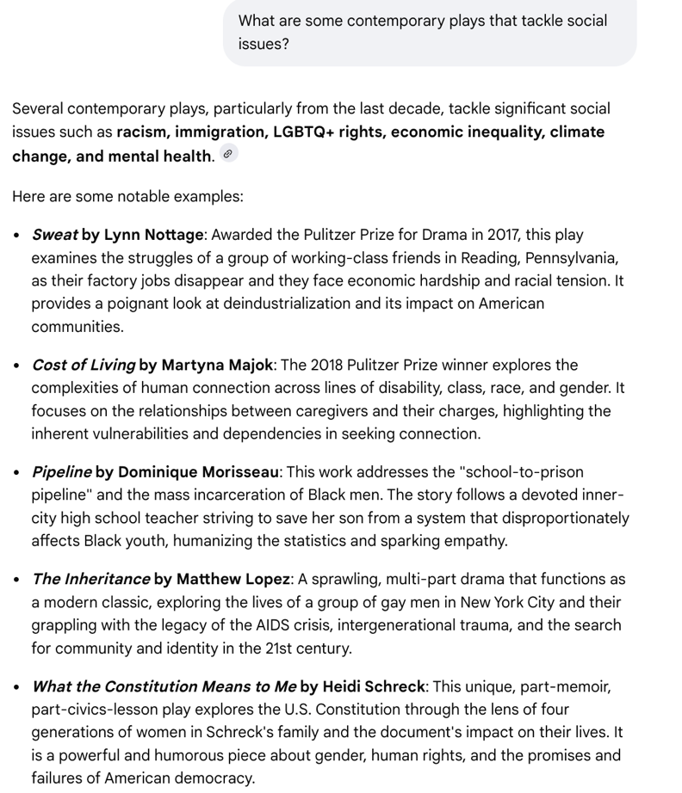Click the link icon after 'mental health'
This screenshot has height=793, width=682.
click(228, 155)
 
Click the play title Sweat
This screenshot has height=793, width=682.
click(54, 235)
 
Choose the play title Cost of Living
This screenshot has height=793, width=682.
click(83, 365)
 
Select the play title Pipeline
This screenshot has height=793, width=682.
click(61, 472)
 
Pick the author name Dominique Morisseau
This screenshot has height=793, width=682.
click(198, 472)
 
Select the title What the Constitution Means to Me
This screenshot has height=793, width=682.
click(164, 687)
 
